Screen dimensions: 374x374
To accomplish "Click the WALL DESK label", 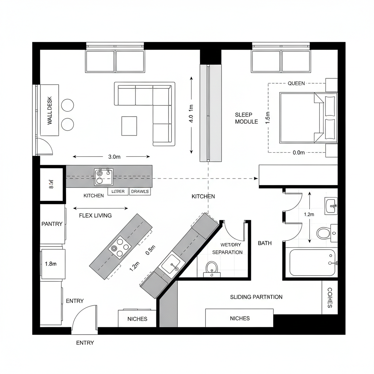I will click(x=50, y=111).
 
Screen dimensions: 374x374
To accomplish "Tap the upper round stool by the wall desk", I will click(x=68, y=105).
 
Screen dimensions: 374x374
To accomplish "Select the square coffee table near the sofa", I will click(x=129, y=126).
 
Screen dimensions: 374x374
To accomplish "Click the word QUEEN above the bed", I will click(x=296, y=83).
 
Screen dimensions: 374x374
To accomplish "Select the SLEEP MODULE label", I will click(x=246, y=118).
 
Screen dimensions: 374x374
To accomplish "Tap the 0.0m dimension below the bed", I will click(x=299, y=153).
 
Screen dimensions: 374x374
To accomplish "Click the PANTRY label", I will click(x=52, y=224).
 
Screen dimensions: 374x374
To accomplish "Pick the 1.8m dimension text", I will click(x=50, y=264).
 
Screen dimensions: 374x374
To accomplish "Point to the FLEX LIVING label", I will click(x=95, y=215).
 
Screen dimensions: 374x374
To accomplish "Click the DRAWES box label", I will click(x=140, y=192).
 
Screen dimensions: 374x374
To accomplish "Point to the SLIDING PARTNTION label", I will click(x=256, y=297).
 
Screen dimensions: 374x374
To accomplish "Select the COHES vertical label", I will click(x=329, y=298).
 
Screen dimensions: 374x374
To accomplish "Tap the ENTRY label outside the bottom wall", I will click(x=85, y=343).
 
